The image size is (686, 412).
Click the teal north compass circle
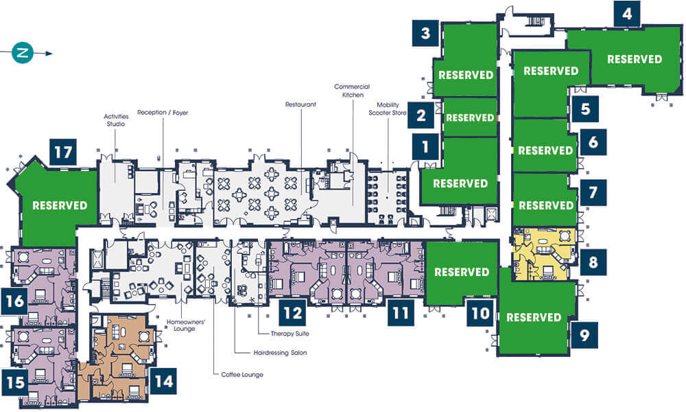(x=23, y=53)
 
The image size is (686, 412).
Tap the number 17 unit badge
(x=63, y=152)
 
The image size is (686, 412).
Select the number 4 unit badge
(x=627, y=14)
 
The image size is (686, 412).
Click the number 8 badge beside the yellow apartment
(x=593, y=262)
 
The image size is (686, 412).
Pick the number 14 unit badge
(x=164, y=381)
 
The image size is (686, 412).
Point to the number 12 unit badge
(x=293, y=313)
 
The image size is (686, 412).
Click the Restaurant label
(x=300, y=104)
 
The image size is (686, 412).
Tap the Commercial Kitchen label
(x=352, y=91)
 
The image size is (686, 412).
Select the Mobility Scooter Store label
(x=388, y=108)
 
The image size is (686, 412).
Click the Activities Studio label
(x=116, y=120)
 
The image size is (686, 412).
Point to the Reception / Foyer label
(x=163, y=113)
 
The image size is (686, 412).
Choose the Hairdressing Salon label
(x=280, y=352)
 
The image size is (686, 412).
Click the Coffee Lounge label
(x=242, y=375)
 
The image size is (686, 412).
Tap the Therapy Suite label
(x=289, y=334)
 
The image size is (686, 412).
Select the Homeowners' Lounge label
(x=185, y=325)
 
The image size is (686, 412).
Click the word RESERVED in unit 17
(x=60, y=205)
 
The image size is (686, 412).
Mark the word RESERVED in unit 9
(x=534, y=317)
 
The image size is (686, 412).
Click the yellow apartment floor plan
(x=544, y=253)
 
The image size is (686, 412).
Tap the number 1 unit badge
(x=425, y=147)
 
